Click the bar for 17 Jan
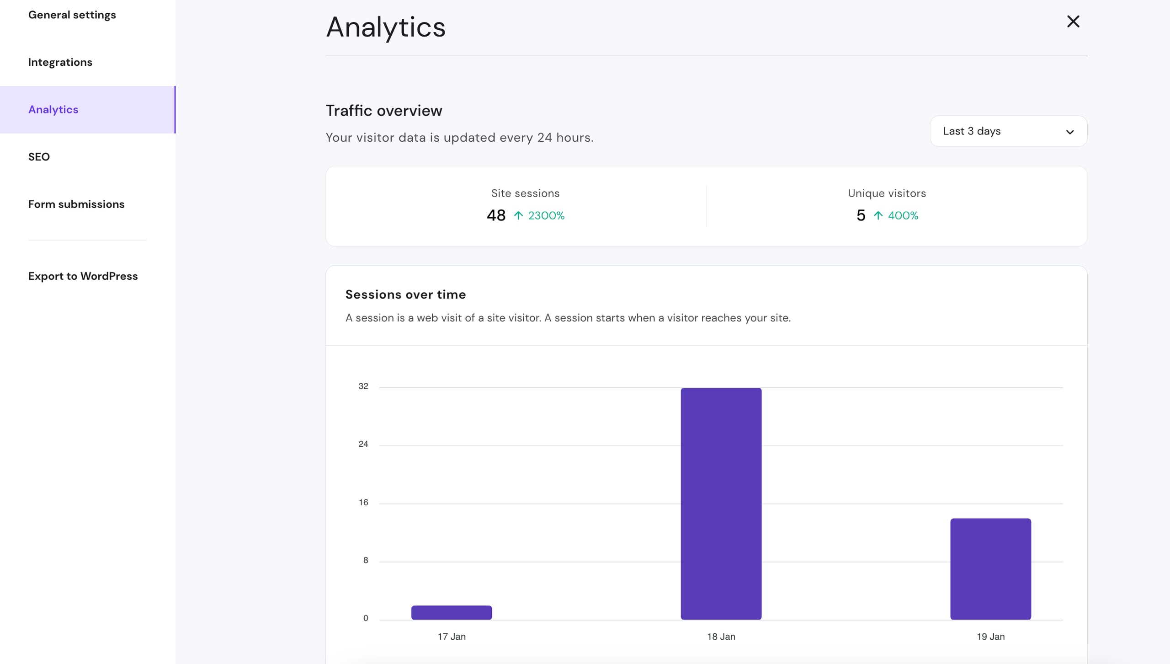452,612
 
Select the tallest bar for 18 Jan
721,503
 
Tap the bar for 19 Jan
990,569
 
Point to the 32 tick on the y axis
363,386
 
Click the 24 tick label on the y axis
363,444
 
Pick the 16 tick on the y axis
363,503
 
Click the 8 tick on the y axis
366,560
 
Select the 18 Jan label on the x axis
721,637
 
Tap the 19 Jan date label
990,637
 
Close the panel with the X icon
1073,21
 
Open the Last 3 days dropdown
1008,131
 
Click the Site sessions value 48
496,215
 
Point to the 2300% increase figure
546,215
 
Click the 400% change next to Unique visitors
903,215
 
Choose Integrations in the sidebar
60,62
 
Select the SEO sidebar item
39,157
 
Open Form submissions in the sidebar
76,204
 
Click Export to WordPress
83,276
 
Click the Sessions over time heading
405,295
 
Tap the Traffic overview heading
384,111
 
